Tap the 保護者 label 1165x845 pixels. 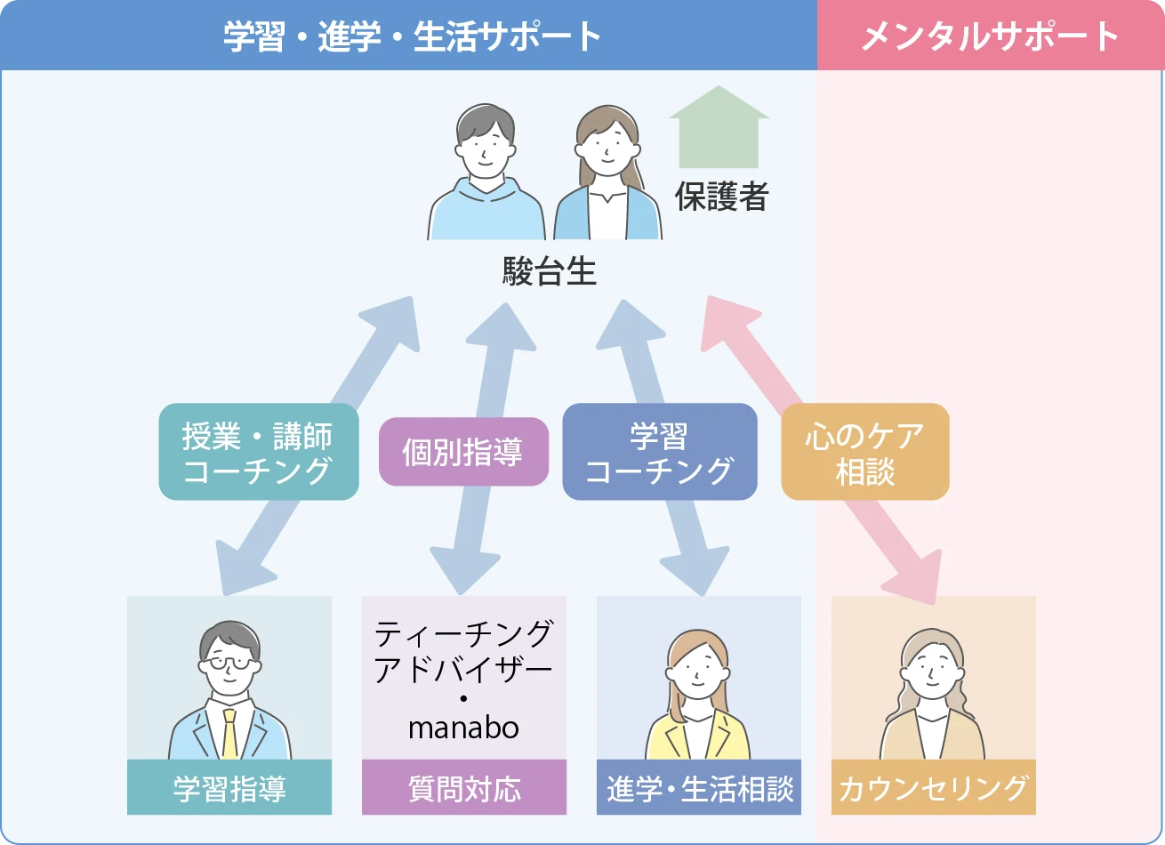[x=721, y=197]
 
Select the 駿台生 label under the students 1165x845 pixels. [x=549, y=271]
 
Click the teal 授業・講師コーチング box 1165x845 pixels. [x=258, y=452]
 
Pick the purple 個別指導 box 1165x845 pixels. [x=463, y=452]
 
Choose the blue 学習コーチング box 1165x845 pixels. [x=659, y=452]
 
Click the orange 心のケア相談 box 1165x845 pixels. [x=864, y=452]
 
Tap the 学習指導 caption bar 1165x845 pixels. [x=229, y=788]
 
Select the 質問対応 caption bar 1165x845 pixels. [x=464, y=788]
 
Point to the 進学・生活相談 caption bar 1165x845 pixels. [x=699, y=788]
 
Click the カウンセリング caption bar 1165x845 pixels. [x=934, y=788]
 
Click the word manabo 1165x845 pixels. [x=463, y=728]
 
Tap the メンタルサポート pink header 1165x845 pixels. [x=990, y=36]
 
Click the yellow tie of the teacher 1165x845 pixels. [x=229, y=733]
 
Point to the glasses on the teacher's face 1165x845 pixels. [x=229, y=664]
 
